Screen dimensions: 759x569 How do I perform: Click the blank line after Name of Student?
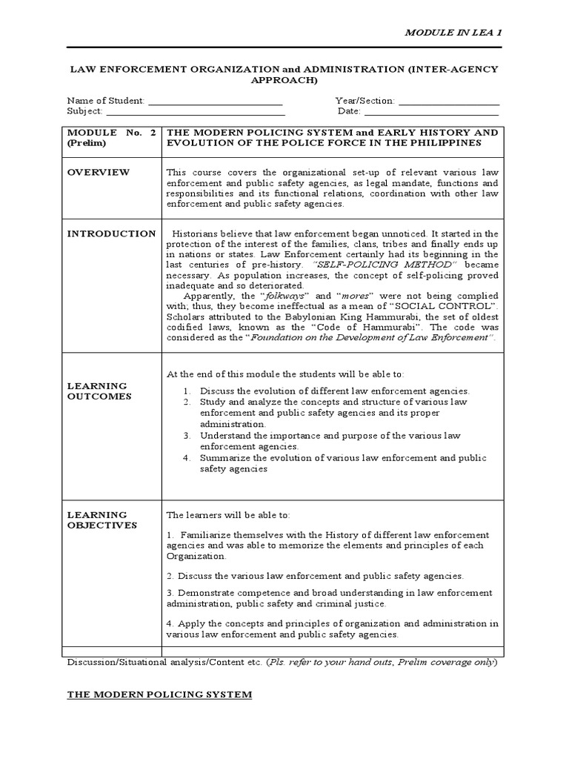point(216,102)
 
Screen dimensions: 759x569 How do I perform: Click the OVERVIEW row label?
point(99,173)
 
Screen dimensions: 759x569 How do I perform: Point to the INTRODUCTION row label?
point(111,233)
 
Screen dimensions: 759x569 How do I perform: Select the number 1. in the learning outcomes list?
point(188,391)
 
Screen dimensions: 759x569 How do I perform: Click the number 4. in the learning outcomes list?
point(188,458)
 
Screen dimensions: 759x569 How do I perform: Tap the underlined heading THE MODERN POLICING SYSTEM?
point(159,695)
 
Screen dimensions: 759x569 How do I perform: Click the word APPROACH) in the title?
point(284,79)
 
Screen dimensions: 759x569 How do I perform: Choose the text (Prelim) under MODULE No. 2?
point(87,142)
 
